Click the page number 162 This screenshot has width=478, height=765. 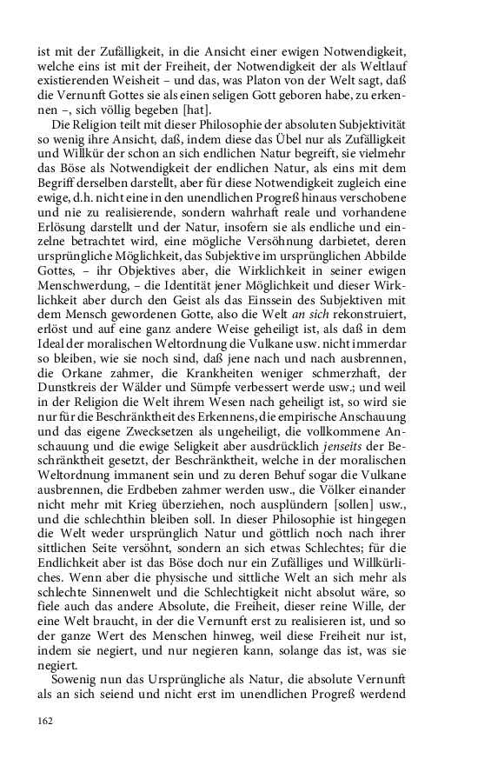click(x=46, y=721)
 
